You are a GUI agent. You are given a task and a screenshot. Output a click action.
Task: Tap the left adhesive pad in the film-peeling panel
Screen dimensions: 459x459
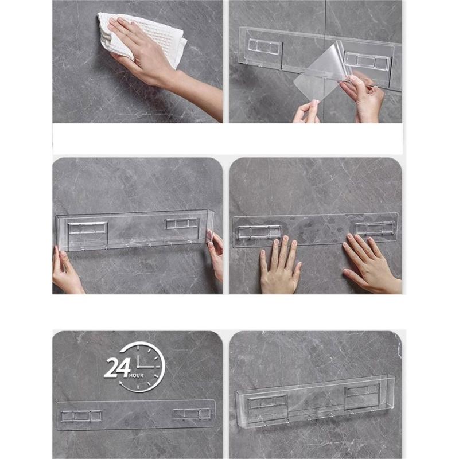point(264,46)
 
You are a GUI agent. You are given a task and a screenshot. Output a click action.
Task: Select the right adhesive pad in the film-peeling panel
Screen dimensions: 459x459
point(367,60)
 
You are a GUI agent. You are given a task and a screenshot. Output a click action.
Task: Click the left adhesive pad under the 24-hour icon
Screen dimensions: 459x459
point(81,416)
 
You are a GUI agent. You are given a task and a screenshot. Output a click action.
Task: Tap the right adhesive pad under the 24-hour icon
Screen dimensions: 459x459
point(192,414)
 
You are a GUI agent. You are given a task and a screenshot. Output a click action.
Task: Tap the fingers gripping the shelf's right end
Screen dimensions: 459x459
point(216,252)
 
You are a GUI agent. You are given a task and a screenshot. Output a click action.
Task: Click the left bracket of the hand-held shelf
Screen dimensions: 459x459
point(87,228)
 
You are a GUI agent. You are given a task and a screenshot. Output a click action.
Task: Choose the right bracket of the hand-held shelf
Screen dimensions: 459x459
point(182,224)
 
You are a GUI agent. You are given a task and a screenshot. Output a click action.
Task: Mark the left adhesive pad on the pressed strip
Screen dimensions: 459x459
point(259,232)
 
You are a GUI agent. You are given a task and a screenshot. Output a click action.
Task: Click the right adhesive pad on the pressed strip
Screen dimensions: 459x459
point(375,228)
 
